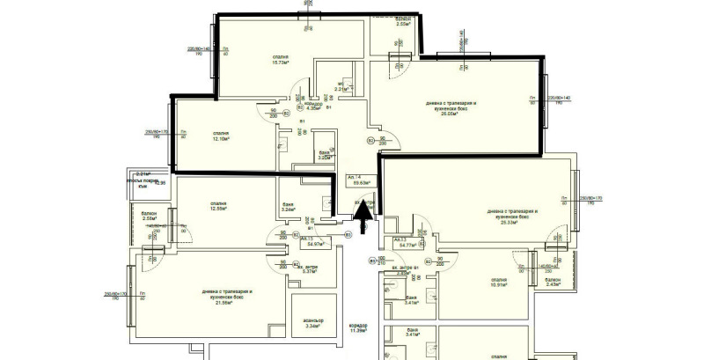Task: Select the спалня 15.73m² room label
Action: point(282,60)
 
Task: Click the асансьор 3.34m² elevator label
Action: point(310,323)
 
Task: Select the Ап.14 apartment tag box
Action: point(360,181)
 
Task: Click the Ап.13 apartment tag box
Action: point(405,242)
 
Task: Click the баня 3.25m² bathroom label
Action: point(324,155)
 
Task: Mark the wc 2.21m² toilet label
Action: point(342,87)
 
